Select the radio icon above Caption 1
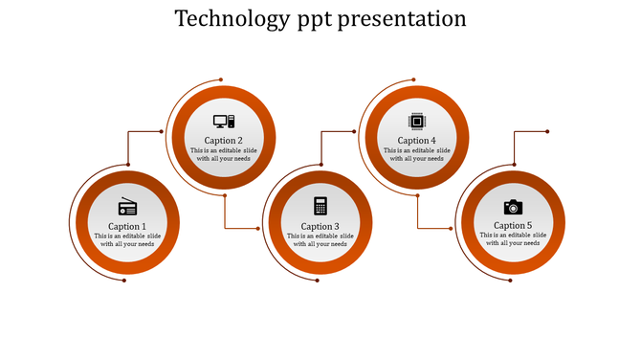(x=127, y=207)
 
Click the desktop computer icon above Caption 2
(x=224, y=122)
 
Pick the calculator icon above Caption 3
(x=320, y=206)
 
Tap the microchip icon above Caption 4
(x=416, y=122)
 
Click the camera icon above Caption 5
(x=513, y=207)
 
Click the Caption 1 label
(x=127, y=227)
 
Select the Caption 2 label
(x=224, y=141)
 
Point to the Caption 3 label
(x=320, y=227)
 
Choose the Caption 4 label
(x=417, y=141)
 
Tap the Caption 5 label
(x=513, y=226)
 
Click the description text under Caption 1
(x=127, y=240)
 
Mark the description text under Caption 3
(x=320, y=240)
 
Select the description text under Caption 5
(x=513, y=239)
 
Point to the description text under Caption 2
(x=224, y=155)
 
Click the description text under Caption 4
(x=417, y=155)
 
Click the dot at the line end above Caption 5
(x=547, y=131)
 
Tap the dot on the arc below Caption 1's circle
(x=124, y=281)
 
